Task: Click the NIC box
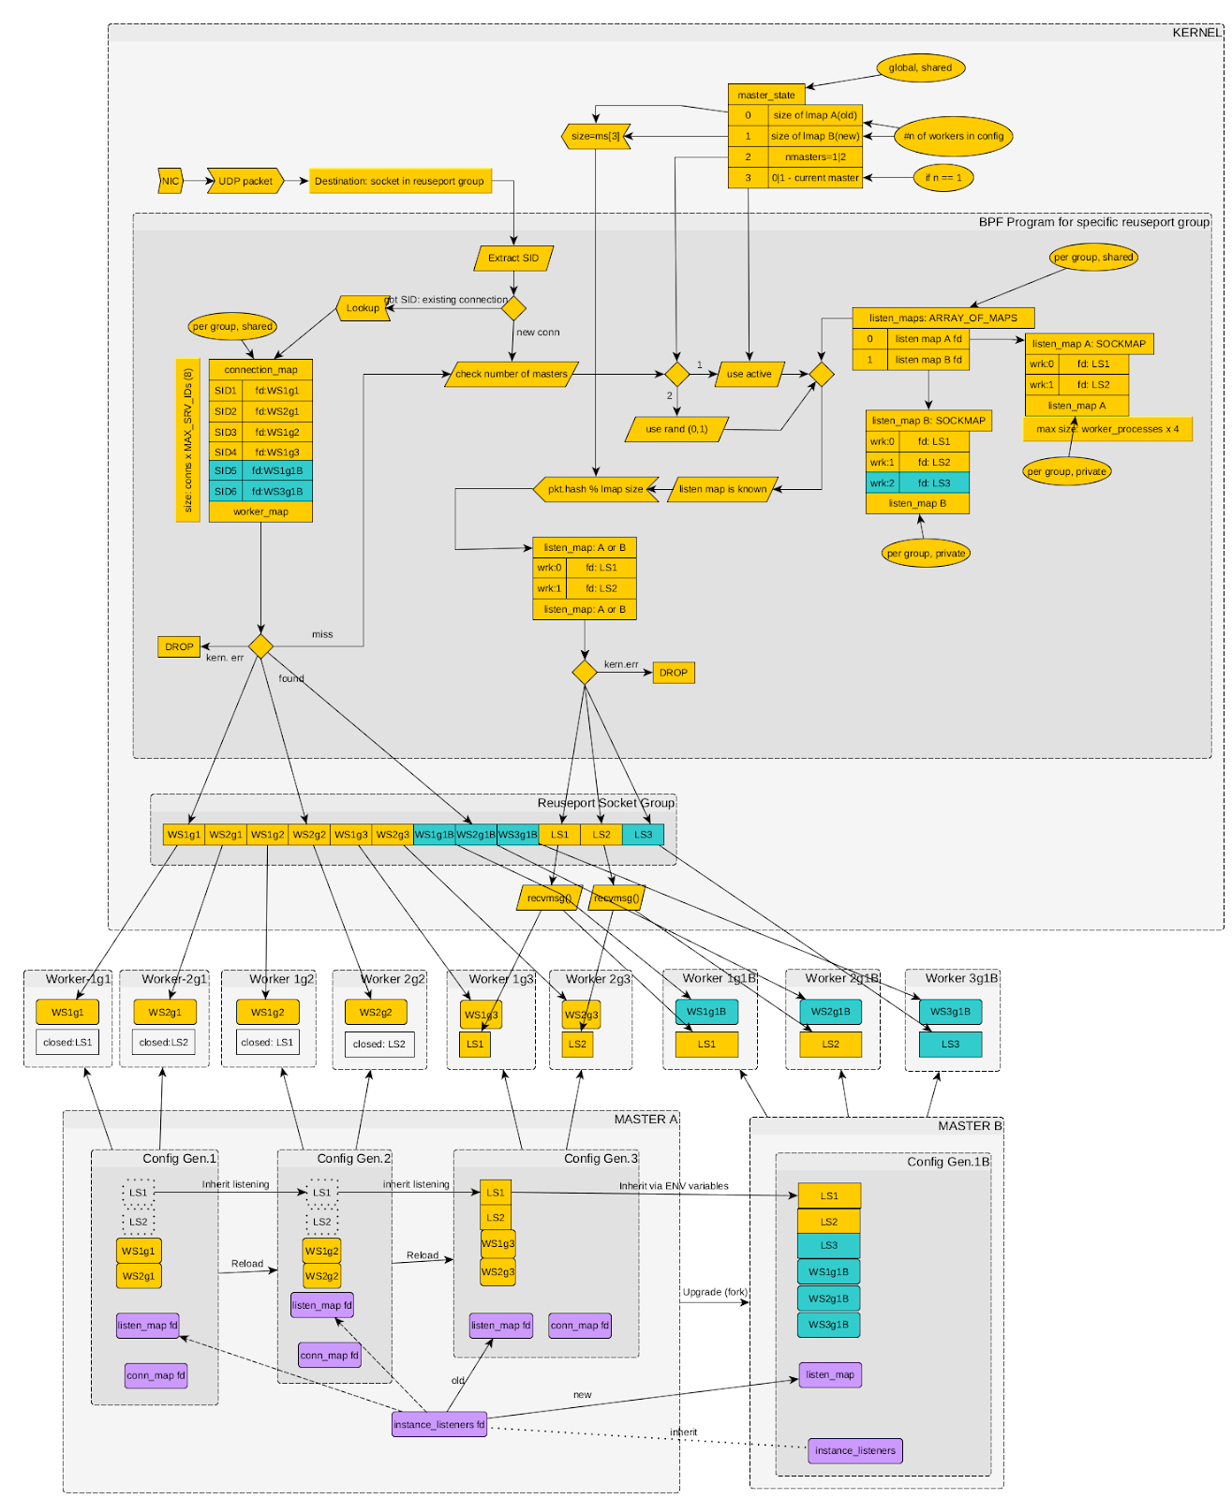170,181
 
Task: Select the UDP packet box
245,181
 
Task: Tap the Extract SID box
513,258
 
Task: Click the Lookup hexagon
363,308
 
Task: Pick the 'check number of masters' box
512,374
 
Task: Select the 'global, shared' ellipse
920,67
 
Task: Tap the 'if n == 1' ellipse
943,177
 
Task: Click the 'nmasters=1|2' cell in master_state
815,156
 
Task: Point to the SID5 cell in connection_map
226,470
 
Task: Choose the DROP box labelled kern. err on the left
179,646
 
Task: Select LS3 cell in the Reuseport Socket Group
643,834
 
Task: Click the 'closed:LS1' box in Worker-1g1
67,1042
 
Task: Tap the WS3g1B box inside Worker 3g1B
950,1011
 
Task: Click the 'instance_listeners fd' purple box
439,1424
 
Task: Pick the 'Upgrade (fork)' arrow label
715,1292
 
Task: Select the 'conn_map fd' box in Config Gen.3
580,1325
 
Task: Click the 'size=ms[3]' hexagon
596,136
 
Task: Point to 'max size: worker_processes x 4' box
1107,429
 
